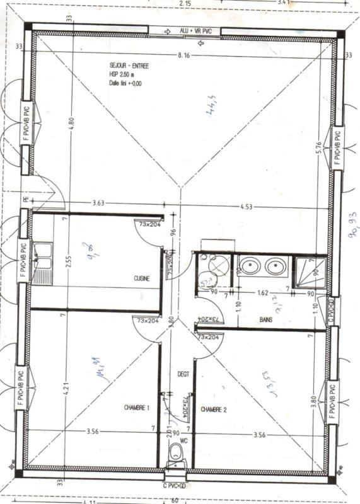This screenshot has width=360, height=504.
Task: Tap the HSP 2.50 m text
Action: (x=121, y=74)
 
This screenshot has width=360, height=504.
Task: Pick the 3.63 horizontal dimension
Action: (x=97, y=203)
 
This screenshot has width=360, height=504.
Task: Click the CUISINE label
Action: (x=141, y=278)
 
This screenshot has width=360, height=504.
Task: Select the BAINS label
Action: (x=266, y=320)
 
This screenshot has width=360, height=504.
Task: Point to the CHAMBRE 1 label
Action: (x=136, y=408)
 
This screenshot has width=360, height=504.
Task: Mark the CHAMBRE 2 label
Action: (x=214, y=409)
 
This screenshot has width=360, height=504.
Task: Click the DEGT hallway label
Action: (x=183, y=374)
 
